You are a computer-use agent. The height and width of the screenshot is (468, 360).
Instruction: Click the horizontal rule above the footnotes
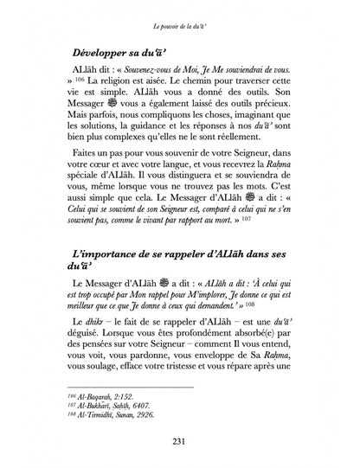(x=142, y=394)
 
